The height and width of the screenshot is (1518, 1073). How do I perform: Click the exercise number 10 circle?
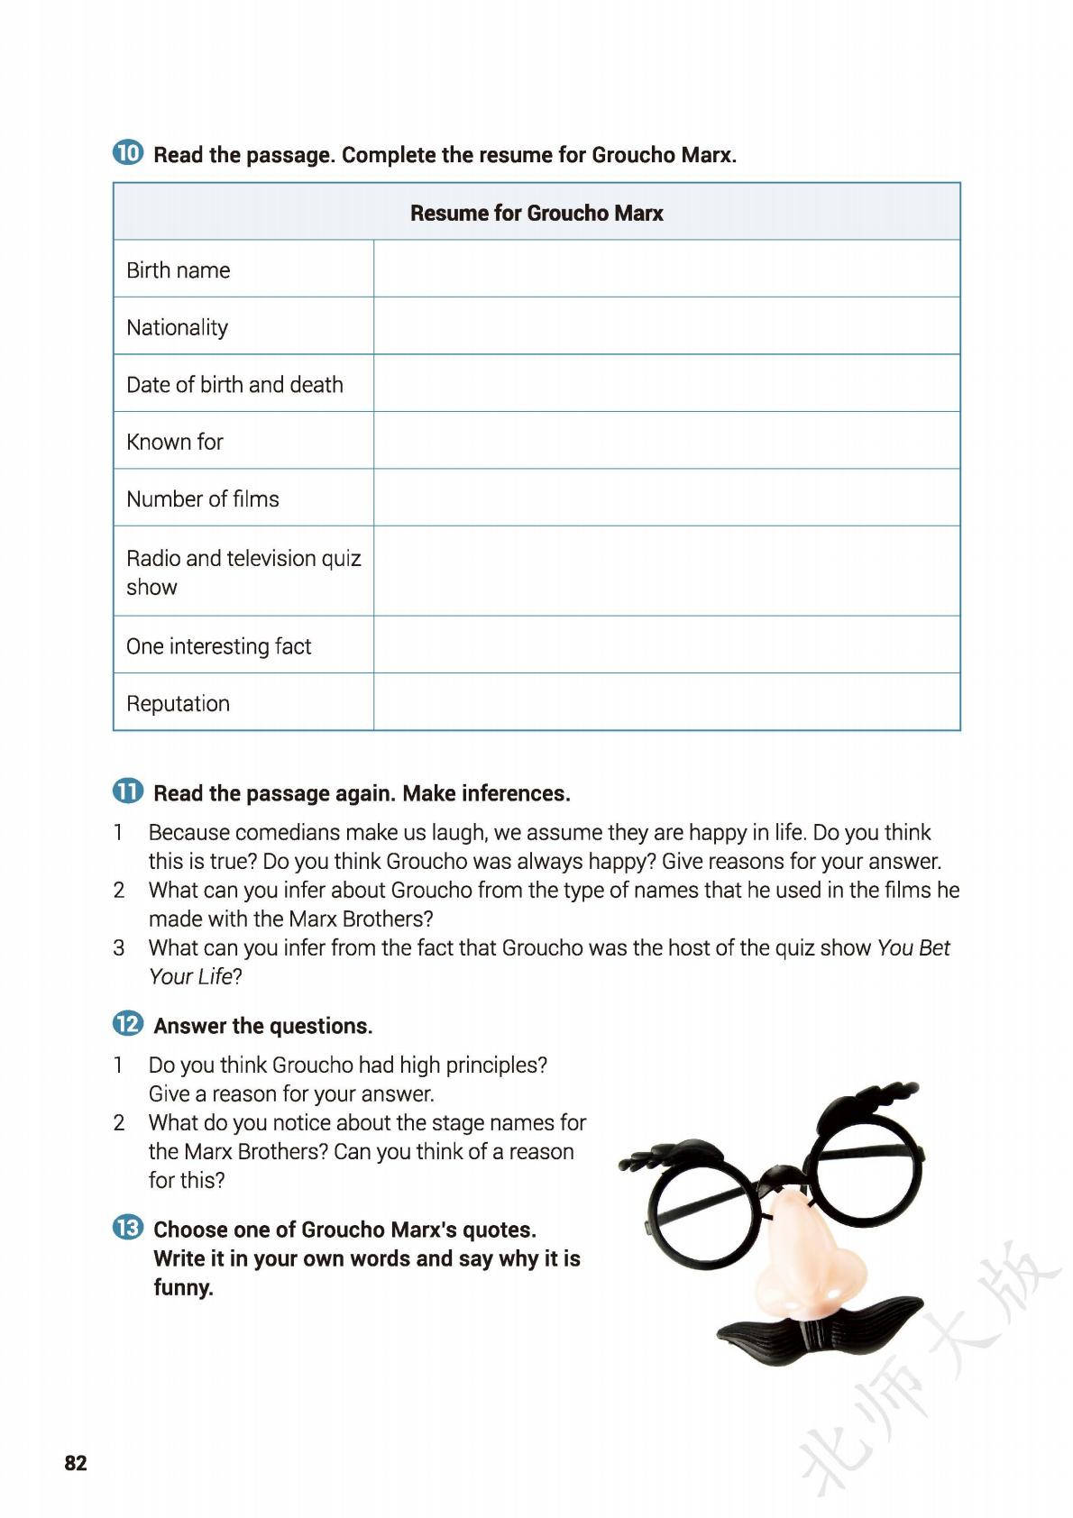point(128,153)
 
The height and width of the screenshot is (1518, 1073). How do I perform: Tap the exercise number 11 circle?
point(128,791)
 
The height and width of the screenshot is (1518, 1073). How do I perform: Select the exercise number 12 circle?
point(128,1024)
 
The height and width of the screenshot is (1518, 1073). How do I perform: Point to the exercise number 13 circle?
point(128,1228)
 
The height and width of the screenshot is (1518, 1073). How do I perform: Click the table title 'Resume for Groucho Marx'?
point(536,213)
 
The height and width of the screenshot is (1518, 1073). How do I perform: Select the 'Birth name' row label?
point(178,270)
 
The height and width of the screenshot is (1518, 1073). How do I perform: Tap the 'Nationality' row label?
point(177,327)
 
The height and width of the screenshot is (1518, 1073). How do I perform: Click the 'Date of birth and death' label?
point(234,384)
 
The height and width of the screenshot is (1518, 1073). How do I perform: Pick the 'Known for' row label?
point(174,442)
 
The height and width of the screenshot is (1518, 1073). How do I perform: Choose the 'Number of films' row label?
point(202,498)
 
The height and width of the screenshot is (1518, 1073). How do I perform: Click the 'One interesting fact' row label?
point(218,646)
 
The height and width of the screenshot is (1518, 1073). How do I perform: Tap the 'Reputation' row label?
point(178,703)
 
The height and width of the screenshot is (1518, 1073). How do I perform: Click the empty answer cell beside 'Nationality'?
point(666,326)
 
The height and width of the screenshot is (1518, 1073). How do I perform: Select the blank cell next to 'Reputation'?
point(666,702)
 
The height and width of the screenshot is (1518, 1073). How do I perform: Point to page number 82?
point(76,1463)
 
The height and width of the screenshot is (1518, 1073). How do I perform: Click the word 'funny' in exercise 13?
point(183,1287)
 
